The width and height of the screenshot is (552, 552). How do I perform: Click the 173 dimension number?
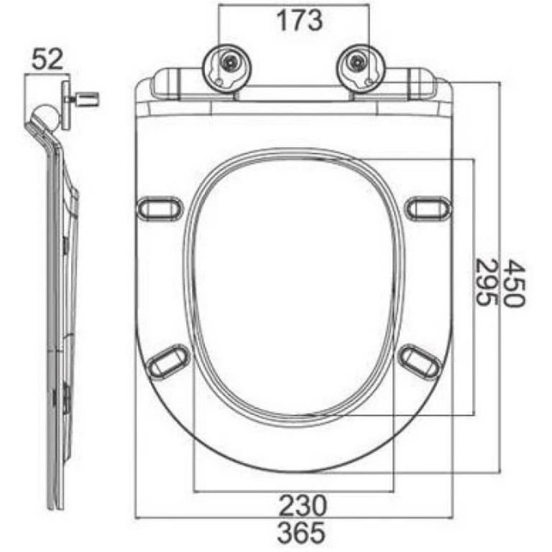(x=299, y=20)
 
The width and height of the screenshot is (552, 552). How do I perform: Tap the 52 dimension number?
(x=47, y=59)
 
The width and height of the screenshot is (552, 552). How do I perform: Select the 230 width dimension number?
(x=303, y=505)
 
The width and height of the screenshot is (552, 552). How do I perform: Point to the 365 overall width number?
(x=301, y=533)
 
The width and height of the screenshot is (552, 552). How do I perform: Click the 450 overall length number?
(x=514, y=283)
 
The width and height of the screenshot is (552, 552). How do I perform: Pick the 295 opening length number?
(x=486, y=282)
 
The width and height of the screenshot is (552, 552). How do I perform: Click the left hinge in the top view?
(x=226, y=68)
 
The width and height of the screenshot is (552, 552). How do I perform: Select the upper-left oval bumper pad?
(x=160, y=208)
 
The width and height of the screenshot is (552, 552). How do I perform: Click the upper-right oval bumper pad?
(x=428, y=208)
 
